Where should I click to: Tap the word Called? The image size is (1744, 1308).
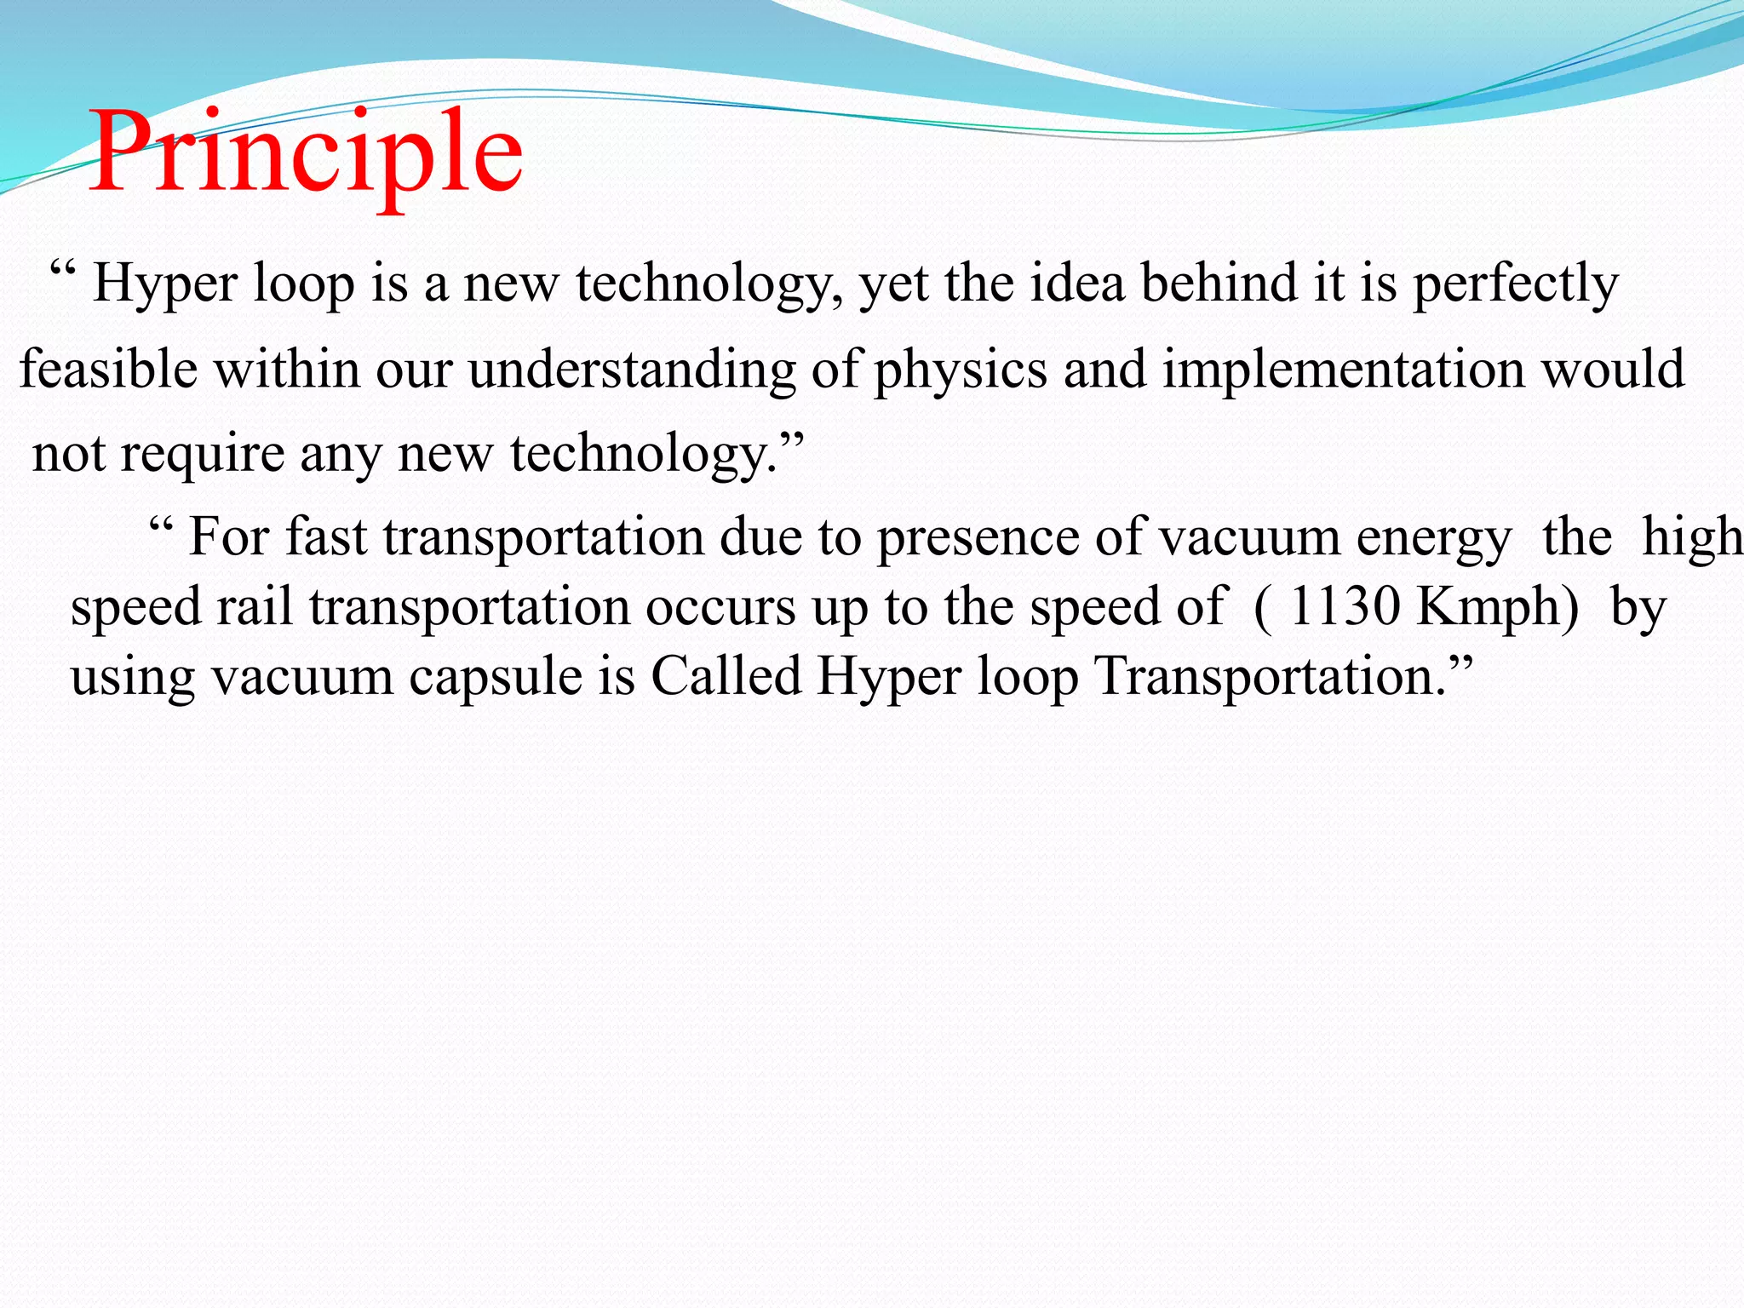tap(726, 676)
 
